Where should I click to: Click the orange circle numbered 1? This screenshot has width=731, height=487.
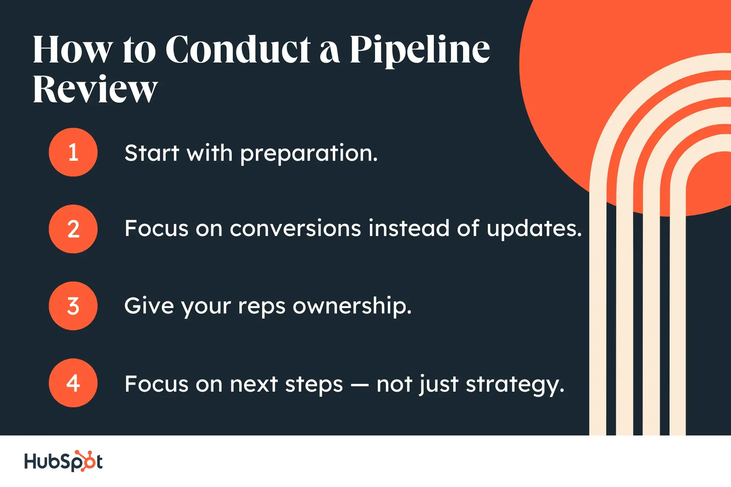[x=73, y=152]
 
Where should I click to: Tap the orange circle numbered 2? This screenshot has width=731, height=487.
[x=73, y=229]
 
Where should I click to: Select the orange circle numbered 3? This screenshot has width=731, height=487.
[x=73, y=306]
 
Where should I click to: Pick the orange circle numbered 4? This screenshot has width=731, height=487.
[x=73, y=383]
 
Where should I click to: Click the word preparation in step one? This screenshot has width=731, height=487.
[x=309, y=153]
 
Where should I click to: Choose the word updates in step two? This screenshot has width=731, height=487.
[x=534, y=229]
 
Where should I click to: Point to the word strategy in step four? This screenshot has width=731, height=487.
[x=515, y=385]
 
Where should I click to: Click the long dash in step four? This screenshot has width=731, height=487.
[x=360, y=385]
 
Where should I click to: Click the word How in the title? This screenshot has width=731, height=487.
[x=72, y=50]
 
